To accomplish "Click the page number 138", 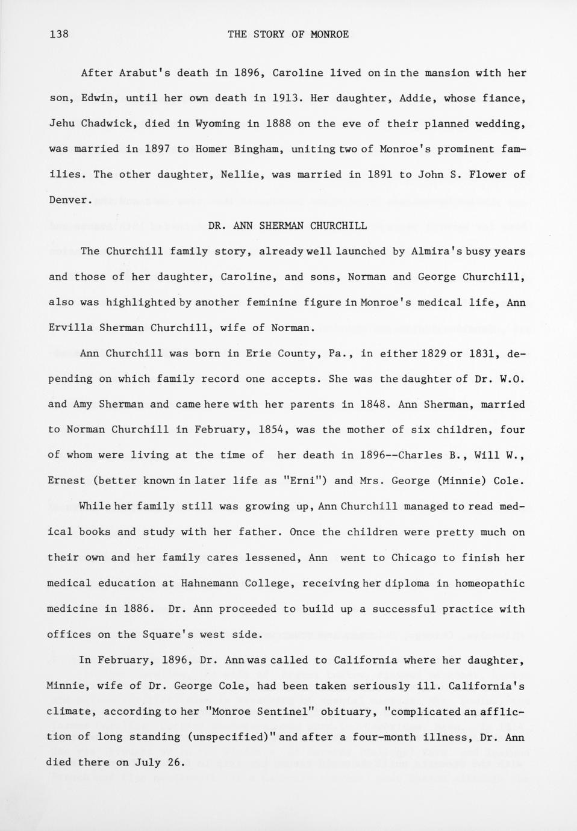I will tap(59, 34).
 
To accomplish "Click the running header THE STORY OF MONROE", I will tap(288, 34).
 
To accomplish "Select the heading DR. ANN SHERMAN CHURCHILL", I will tap(287, 226).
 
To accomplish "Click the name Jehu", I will tap(61, 123).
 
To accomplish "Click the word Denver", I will tap(69, 200).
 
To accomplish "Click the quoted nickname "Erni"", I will tap(304, 481).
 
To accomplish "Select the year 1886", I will tap(136, 609).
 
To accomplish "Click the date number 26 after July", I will tap(174, 762).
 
